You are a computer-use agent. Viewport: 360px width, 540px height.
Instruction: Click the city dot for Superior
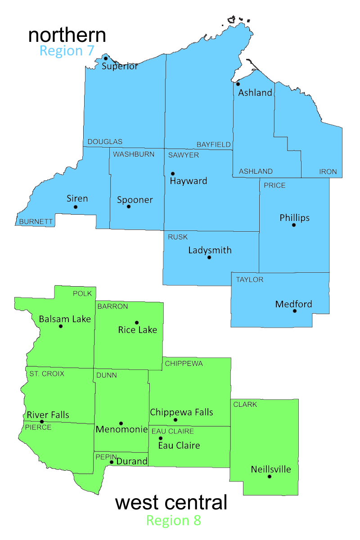(106, 58)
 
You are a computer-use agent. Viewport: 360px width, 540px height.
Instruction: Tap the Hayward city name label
(189, 181)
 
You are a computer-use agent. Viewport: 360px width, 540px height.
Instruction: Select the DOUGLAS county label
(105, 142)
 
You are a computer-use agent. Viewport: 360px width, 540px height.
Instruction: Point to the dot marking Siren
(76, 207)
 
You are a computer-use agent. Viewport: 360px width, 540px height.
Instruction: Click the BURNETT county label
(36, 221)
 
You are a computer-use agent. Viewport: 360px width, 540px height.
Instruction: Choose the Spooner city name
(135, 200)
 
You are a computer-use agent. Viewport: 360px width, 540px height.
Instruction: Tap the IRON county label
(328, 171)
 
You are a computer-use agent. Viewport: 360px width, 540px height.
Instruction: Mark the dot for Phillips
(294, 225)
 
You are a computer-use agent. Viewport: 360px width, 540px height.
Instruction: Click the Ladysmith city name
(210, 250)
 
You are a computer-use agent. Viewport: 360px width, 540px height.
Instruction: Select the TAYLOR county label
(250, 279)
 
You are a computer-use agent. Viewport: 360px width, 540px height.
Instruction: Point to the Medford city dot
(295, 311)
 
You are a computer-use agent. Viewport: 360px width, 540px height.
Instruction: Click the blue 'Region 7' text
(67, 50)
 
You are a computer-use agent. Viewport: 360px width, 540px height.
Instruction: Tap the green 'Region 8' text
(174, 520)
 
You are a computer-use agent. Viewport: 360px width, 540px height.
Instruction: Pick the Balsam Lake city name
(65, 319)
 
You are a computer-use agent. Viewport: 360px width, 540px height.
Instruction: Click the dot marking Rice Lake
(137, 323)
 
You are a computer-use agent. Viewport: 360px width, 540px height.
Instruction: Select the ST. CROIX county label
(47, 373)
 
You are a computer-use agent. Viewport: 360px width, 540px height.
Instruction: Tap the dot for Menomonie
(121, 423)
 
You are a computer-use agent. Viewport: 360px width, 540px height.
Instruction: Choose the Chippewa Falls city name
(182, 412)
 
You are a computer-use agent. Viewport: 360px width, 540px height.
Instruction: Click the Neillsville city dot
(270, 477)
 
